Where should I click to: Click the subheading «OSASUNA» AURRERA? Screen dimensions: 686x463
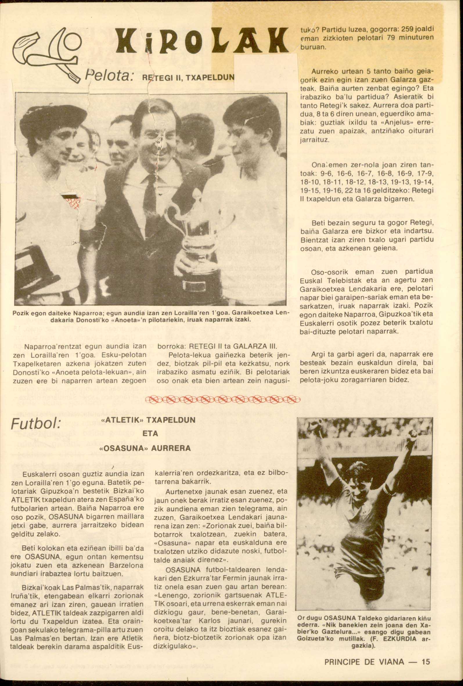(146, 448)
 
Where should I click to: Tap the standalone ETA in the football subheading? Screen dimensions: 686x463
(150, 434)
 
